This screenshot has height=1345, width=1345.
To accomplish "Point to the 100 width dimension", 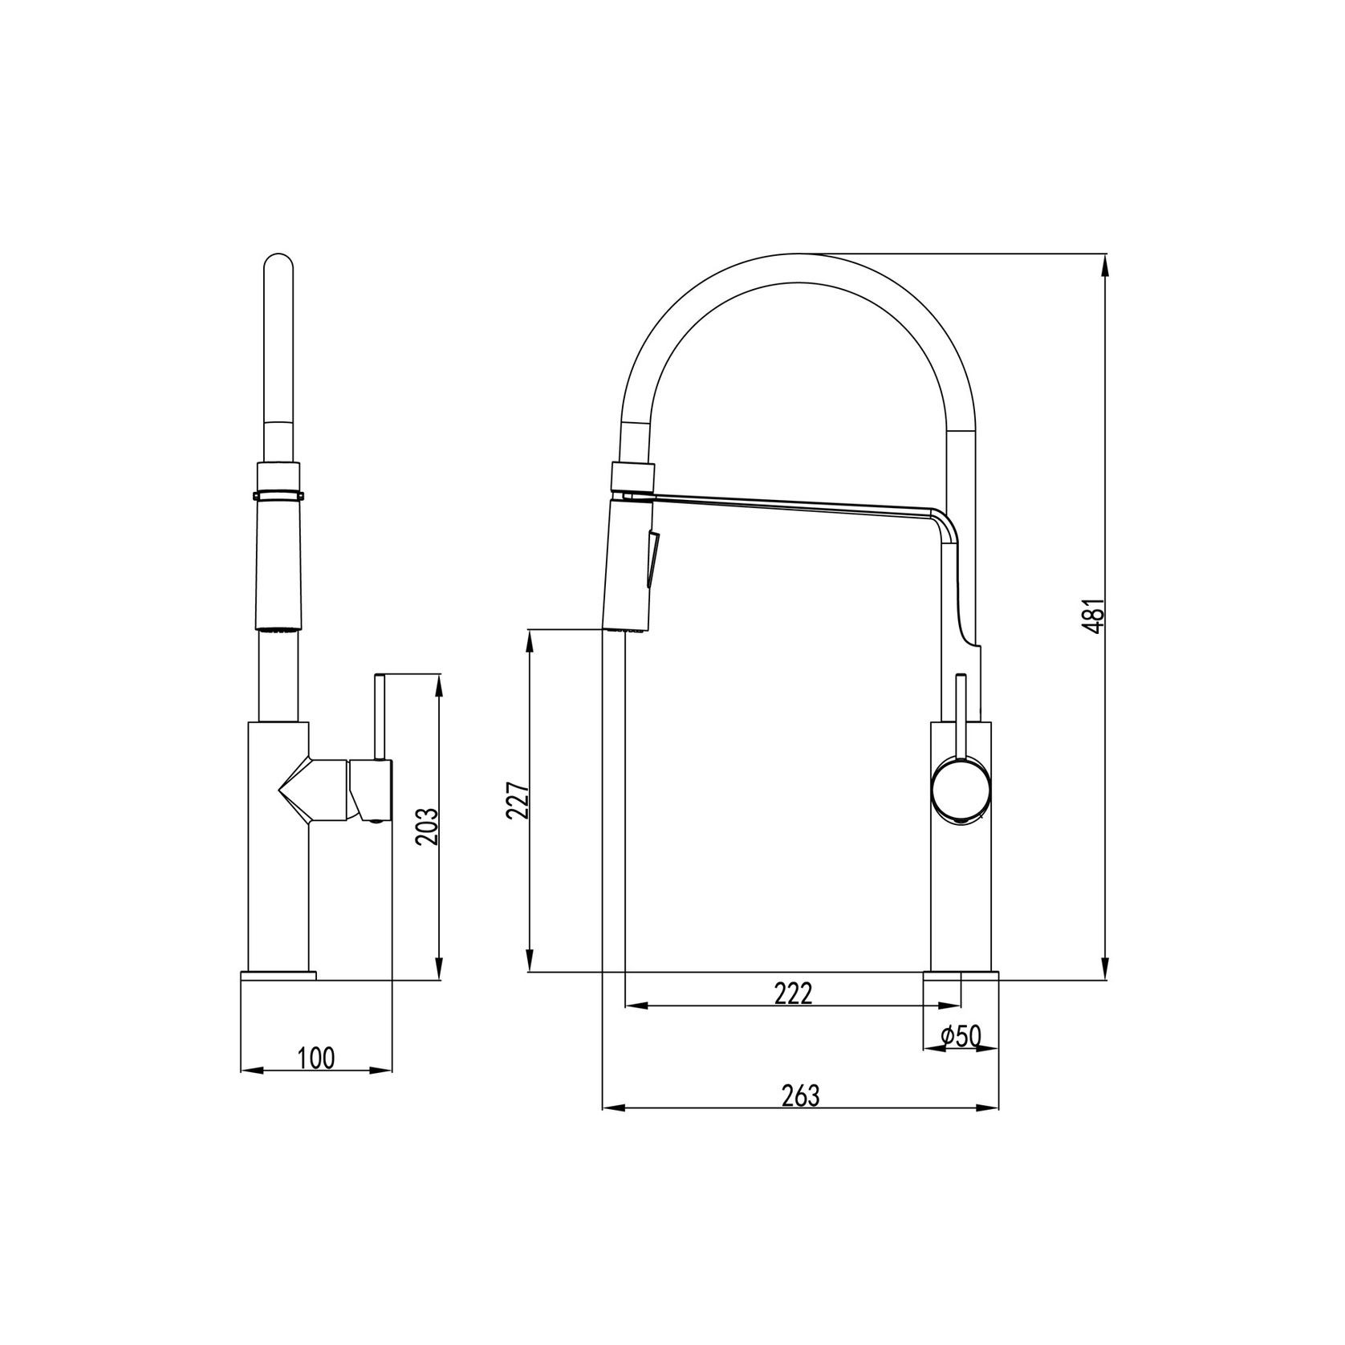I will [316, 1059].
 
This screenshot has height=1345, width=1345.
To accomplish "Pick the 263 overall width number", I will [800, 1095].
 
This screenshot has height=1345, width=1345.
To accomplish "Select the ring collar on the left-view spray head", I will [278, 494].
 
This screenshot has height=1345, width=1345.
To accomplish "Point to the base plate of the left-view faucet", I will [278, 975].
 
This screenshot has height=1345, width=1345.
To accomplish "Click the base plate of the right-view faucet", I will [961, 975].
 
